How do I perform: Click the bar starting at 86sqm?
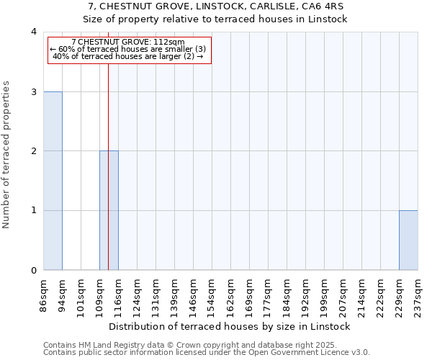53,181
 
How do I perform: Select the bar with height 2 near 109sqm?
109,210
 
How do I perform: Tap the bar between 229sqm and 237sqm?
408,240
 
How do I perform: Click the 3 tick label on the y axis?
33,91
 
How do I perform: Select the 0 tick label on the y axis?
33,270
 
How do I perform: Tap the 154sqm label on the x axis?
212,293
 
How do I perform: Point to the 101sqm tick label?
81,293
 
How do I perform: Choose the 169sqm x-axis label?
249,293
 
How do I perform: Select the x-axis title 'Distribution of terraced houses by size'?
230,326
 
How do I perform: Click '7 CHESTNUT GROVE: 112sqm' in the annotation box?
129,42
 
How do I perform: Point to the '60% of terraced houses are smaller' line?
129,49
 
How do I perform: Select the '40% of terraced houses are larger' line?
129,56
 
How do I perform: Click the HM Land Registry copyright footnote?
205,345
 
